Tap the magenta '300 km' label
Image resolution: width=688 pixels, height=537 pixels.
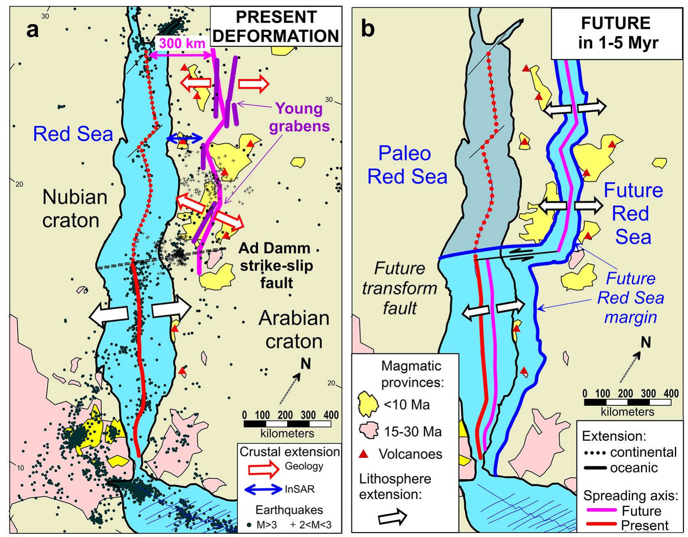tap(182, 43)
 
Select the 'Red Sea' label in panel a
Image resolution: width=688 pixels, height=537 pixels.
tap(73, 134)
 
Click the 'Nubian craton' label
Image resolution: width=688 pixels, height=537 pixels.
tap(74, 209)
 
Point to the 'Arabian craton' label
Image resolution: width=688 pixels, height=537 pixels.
tap(294, 330)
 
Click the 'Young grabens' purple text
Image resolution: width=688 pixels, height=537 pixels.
tap(299, 117)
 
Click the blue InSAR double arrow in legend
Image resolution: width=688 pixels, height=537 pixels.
tap(263, 489)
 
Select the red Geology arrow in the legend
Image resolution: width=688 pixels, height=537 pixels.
tap(264, 468)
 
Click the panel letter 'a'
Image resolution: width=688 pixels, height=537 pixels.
tap(32, 30)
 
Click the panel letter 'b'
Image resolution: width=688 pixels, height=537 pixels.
tap(367, 29)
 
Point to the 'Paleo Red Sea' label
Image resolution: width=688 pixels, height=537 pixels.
tap(407, 165)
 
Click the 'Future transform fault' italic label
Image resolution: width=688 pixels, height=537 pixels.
tap(399, 288)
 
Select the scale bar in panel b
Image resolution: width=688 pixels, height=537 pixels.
tap(627, 402)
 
